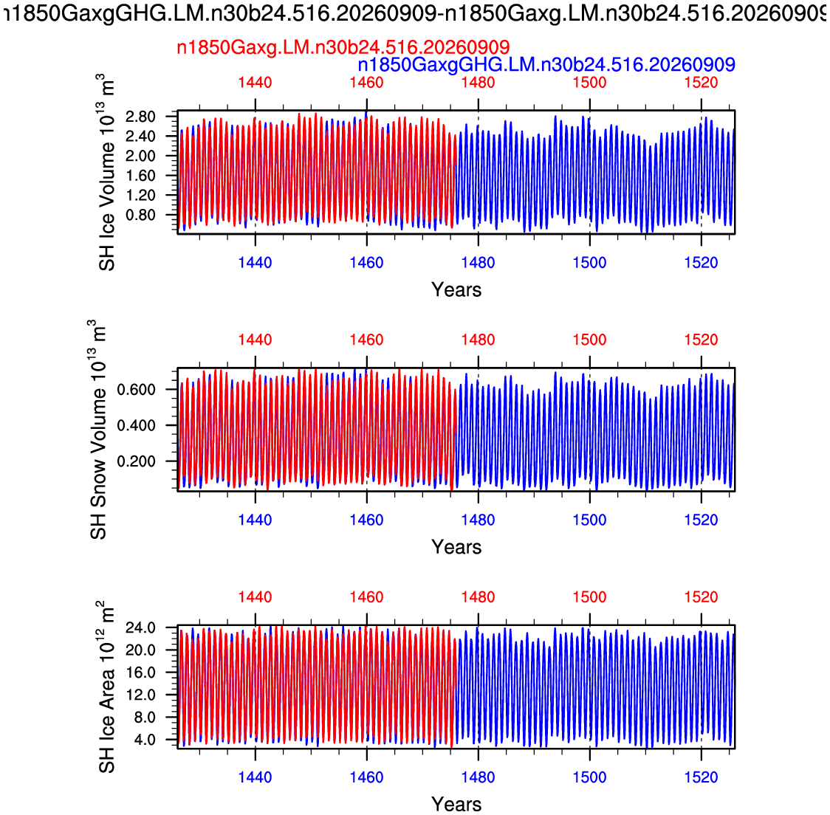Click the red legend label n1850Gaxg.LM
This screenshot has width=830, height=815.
[343, 48]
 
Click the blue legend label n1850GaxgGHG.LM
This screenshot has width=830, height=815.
[546, 65]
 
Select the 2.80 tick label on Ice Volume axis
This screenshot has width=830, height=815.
[140, 117]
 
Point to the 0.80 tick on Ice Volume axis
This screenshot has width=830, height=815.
[140, 215]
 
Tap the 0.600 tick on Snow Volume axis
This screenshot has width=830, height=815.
[136, 390]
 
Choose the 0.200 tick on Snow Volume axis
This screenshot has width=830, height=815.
[136, 461]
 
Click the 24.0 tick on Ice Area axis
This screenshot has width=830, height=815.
[140, 627]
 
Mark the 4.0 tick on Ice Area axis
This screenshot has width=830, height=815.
[145, 740]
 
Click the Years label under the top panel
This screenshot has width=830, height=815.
[456, 290]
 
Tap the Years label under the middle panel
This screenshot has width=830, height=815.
[456, 547]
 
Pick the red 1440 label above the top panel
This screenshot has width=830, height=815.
[255, 83]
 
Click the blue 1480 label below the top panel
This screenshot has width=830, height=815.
[478, 263]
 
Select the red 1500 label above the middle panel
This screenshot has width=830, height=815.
[590, 340]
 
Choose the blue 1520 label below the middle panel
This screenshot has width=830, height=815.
[702, 520]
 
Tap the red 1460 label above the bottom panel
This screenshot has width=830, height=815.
[366, 597]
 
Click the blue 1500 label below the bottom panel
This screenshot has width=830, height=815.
[590, 777]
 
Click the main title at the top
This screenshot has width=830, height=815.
[415, 14]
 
